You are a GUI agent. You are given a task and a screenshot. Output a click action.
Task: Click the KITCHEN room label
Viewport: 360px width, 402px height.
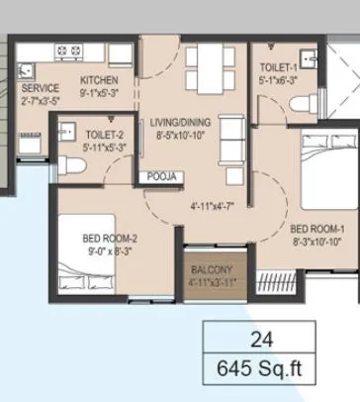[100, 80]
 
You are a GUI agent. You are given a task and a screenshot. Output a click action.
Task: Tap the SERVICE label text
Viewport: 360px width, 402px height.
[40, 87]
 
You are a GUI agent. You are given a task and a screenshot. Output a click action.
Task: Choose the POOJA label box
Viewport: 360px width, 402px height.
[163, 176]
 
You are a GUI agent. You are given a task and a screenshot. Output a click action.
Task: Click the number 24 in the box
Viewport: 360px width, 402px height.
[261, 339]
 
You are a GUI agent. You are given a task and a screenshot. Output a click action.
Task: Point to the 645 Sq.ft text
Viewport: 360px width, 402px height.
[261, 372]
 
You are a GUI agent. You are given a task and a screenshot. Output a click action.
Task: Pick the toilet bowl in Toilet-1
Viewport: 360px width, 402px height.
[304, 100]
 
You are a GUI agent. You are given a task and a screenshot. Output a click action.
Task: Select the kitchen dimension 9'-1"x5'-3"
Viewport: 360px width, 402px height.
[100, 92]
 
